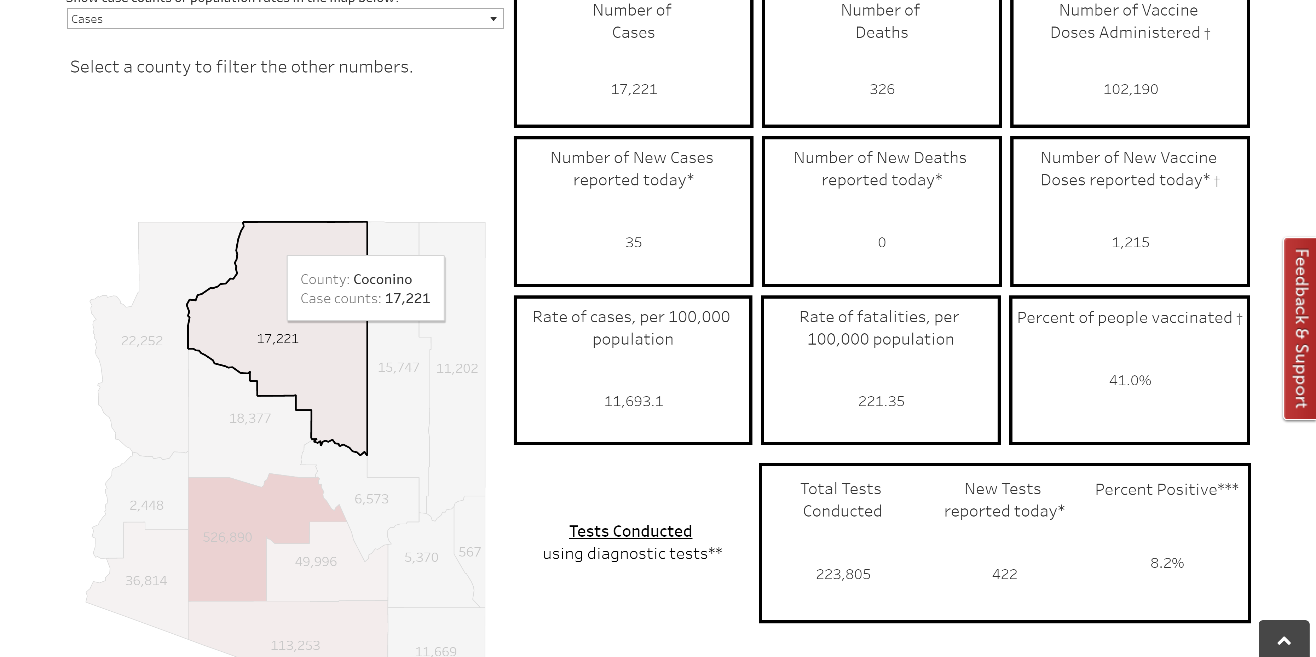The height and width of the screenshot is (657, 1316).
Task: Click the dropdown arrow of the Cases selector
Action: (x=493, y=19)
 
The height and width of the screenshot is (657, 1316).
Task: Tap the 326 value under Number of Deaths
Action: (x=882, y=90)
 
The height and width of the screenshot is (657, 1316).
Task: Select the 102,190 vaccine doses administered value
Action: (x=1130, y=90)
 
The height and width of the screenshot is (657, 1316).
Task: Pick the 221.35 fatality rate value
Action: (x=881, y=401)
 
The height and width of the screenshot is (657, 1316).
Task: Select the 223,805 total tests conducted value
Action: (x=843, y=574)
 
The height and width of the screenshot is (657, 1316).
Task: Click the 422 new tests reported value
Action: (x=1004, y=574)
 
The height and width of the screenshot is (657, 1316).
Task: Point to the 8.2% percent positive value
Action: (x=1167, y=563)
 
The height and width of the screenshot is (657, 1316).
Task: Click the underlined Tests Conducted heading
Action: (x=630, y=531)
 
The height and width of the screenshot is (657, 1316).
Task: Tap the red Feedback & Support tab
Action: (x=1300, y=328)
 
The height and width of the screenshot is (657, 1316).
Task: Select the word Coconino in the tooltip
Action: (x=382, y=279)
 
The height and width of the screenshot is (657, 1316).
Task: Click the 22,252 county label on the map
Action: (x=142, y=341)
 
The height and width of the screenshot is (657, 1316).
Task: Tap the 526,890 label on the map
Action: (x=227, y=537)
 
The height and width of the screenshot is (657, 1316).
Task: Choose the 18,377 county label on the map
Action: (x=250, y=419)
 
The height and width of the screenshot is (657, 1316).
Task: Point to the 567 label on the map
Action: (x=469, y=552)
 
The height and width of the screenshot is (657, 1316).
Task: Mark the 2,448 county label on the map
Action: (x=146, y=505)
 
